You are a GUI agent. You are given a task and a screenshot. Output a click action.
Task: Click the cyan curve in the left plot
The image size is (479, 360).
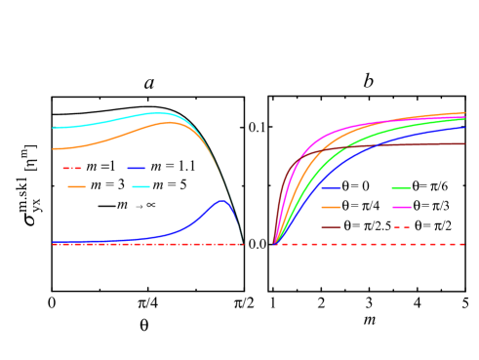pyautogui.click(x=98, y=122)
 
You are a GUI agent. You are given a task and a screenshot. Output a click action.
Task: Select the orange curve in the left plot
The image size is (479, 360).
pyautogui.click(x=98, y=142)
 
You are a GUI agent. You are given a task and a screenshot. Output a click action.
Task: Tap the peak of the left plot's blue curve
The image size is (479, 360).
pyautogui.click(x=222, y=201)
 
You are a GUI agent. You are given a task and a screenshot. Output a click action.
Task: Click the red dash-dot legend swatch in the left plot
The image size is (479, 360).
pyautogui.click(x=72, y=169)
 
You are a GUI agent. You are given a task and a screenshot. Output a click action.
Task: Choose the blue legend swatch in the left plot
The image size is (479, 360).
pyautogui.click(x=137, y=169)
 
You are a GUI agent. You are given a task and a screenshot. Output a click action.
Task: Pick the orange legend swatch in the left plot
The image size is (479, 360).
pyautogui.click(x=77, y=186)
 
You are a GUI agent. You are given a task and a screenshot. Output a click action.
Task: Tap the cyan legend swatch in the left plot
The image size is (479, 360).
pyautogui.click(x=141, y=186)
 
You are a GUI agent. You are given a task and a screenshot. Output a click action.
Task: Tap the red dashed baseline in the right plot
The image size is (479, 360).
pyautogui.click(x=390, y=244)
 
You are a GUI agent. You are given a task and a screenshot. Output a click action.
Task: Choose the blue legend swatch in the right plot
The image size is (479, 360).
pyautogui.click(x=332, y=187)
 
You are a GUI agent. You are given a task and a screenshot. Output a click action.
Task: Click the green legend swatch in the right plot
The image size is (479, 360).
pyautogui.click(x=401, y=187)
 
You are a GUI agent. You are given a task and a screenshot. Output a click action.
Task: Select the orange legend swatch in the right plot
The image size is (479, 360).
pyautogui.click(x=332, y=207)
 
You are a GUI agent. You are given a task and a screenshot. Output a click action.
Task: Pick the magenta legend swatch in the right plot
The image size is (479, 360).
pyautogui.click(x=401, y=207)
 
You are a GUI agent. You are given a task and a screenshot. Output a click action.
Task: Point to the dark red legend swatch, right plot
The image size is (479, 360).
pyautogui.click(x=332, y=227)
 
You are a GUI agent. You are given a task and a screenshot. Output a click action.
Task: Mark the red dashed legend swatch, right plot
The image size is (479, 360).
pyautogui.click(x=401, y=227)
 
